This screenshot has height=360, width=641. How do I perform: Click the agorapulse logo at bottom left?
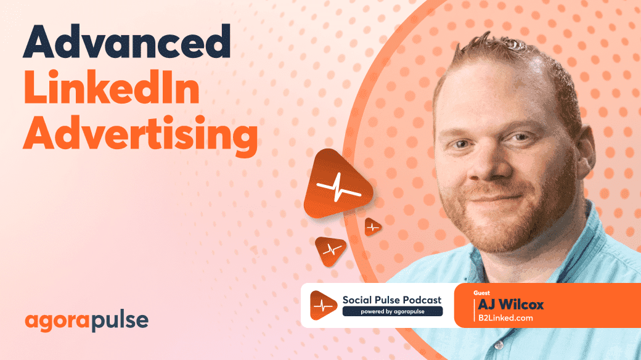click(x=87, y=321)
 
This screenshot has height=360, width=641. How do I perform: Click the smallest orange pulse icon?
click(x=372, y=227)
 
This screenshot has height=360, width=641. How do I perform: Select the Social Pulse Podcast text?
click(x=392, y=300)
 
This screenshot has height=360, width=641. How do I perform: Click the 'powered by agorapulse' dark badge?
click(x=392, y=311)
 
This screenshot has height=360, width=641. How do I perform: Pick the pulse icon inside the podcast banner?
click(x=323, y=305)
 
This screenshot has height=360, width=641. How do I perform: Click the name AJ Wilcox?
click(x=510, y=305)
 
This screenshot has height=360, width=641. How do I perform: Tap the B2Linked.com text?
click(x=505, y=318)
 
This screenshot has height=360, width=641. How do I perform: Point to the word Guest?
click(x=483, y=292)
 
